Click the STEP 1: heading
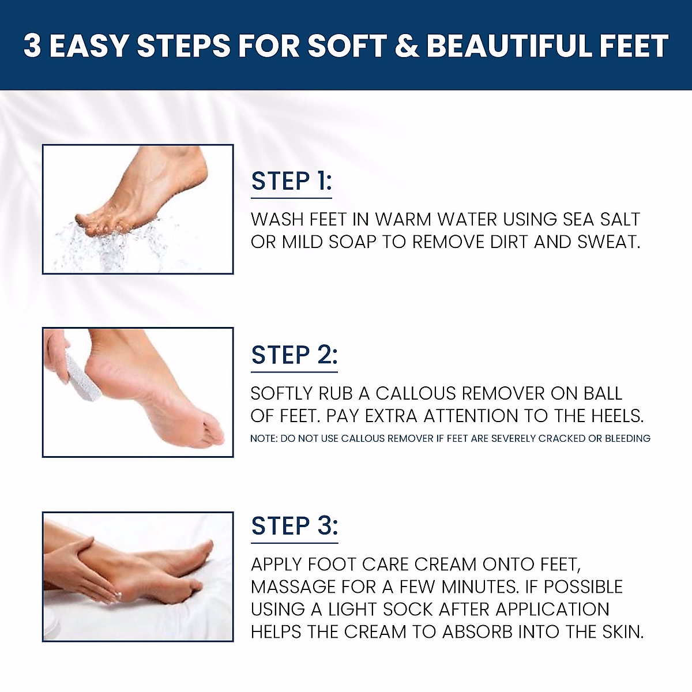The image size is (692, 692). coord(291,181)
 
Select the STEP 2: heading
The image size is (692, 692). coord(294,355)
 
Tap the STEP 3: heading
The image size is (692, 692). coord(294,526)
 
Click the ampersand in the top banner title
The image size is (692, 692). coord(407,46)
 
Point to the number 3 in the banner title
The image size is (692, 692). coord(32,46)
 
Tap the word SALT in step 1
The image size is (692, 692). coord(619,220)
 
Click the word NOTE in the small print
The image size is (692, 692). coord(262,439)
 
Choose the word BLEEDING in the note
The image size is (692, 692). coord(627,439)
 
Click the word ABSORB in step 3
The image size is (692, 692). coord(477,632)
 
